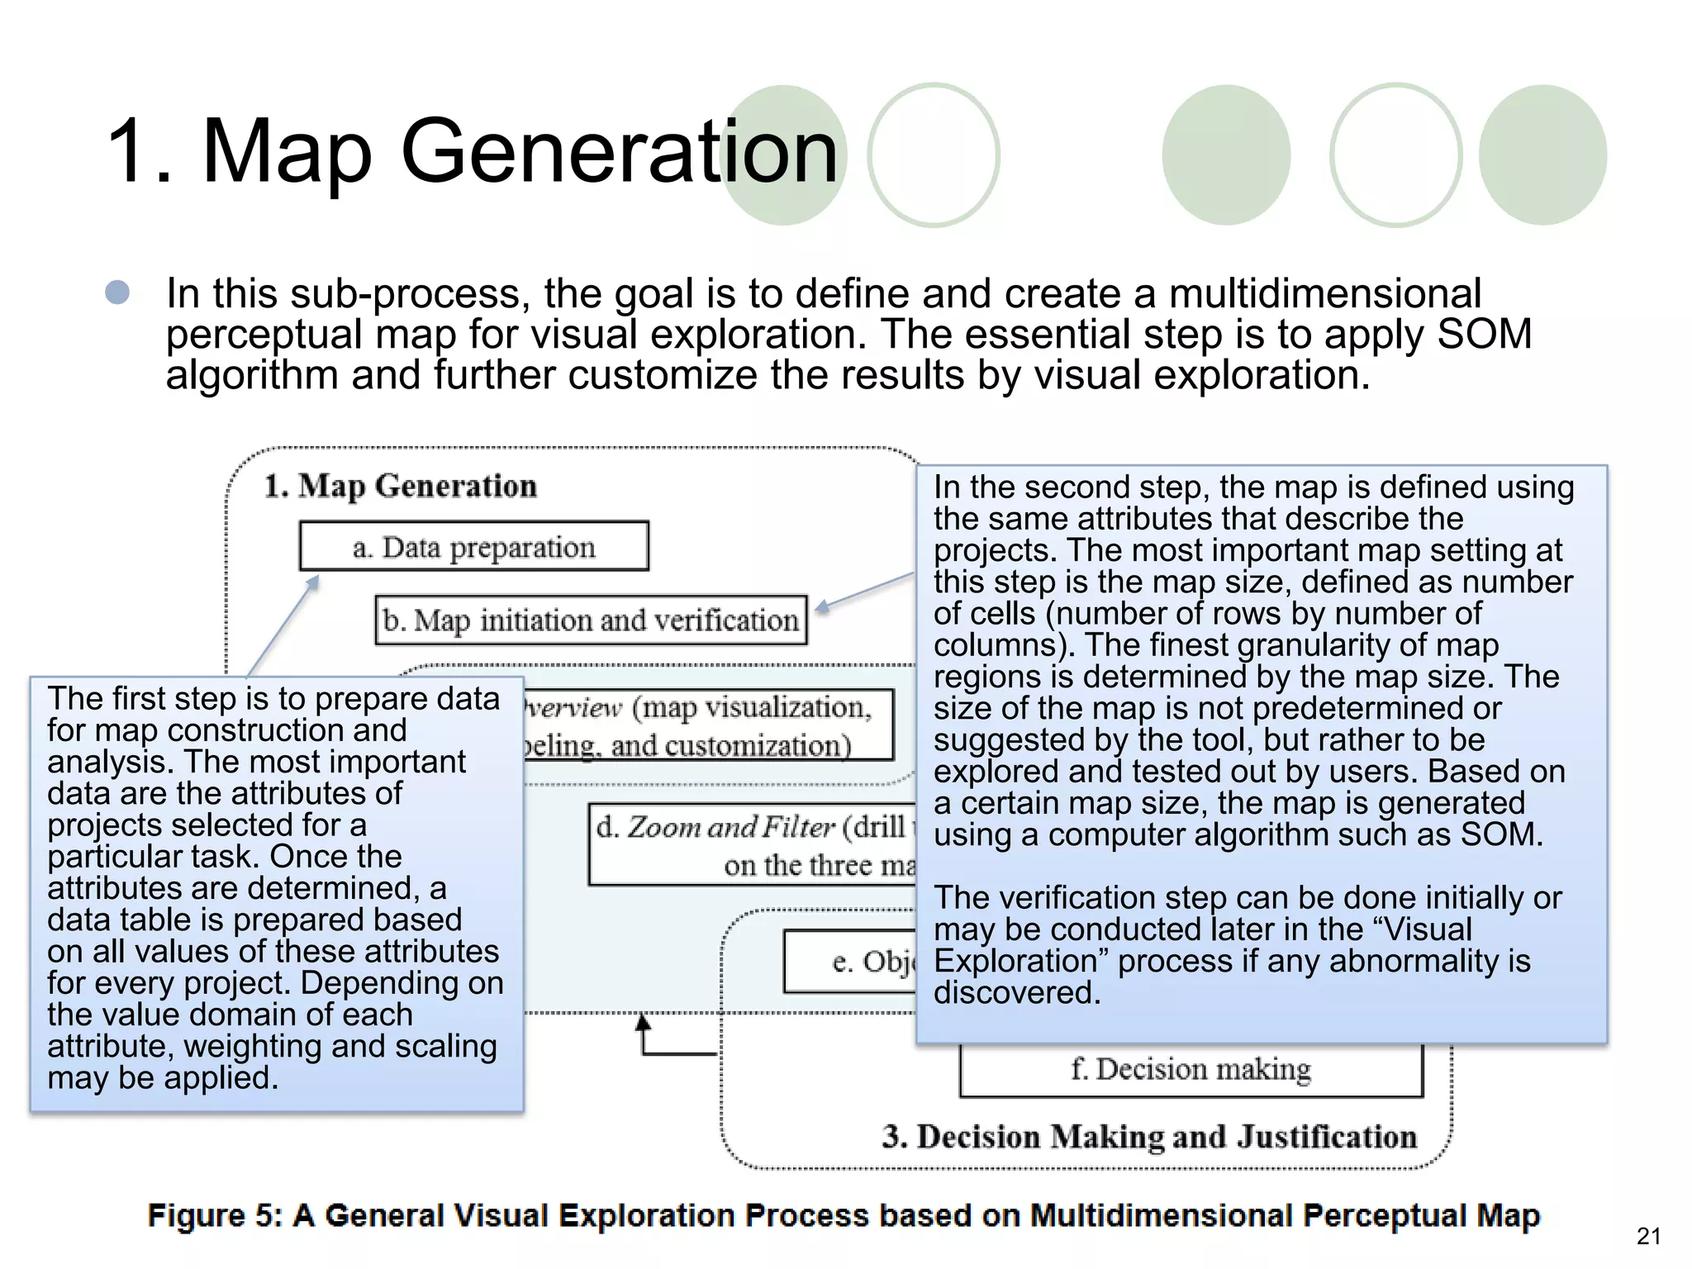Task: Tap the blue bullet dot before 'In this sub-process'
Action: click(x=118, y=292)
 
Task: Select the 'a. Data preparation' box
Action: click(x=473, y=546)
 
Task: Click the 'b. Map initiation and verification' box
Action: click(x=591, y=620)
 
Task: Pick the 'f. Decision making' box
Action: click(x=1191, y=1070)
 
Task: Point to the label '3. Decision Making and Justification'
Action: click(x=1149, y=1137)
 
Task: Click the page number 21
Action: click(x=1648, y=1236)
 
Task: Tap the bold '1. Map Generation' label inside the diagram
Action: click(x=401, y=486)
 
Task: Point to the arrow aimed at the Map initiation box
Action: click(x=863, y=592)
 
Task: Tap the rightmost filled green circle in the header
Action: click(x=1542, y=155)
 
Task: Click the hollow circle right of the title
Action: click(x=933, y=155)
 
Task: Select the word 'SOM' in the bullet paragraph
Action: click(x=1484, y=335)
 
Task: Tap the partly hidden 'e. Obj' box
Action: click(x=851, y=961)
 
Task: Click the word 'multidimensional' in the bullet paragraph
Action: click(x=1324, y=294)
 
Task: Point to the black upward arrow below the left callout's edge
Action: click(x=644, y=1033)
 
